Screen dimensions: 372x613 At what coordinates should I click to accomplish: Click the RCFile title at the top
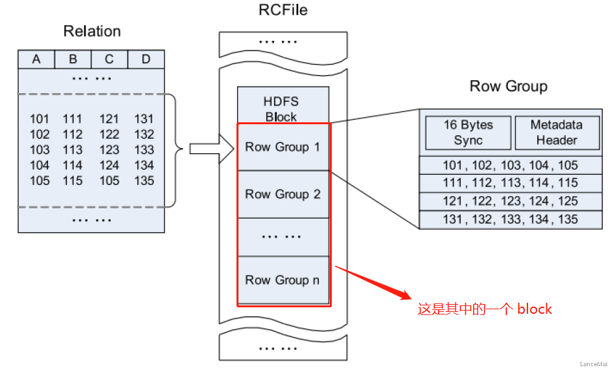(x=283, y=10)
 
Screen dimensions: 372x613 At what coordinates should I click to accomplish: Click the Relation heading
(x=92, y=31)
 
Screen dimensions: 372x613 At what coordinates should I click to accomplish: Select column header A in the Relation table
(x=36, y=60)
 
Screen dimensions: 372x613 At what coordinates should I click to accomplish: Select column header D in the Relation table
(x=146, y=60)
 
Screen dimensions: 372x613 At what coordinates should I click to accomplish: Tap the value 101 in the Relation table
(x=40, y=119)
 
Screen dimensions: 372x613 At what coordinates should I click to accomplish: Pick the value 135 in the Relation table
(x=144, y=181)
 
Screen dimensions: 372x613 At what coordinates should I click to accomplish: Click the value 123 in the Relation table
(x=110, y=150)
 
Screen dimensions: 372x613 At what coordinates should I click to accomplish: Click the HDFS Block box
(x=281, y=109)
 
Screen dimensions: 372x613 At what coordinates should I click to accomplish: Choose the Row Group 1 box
(x=283, y=147)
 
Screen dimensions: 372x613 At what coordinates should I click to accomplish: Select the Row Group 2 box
(x=283, y=194)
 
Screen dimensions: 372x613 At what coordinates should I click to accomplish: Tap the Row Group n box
(x=283, y=280)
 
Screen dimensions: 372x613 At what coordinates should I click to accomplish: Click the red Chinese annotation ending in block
(x=485, y=309)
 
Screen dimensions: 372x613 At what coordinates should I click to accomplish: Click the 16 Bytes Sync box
(x=468, y=133)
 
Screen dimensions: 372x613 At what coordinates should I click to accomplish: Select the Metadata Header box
(x=557, y=133)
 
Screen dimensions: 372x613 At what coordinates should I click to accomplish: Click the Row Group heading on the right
(x=508, y=86)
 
